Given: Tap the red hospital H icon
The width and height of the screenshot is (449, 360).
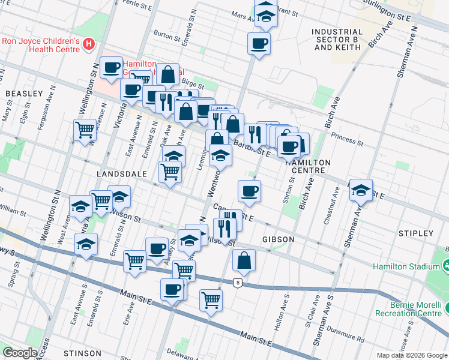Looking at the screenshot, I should tap(89, 44).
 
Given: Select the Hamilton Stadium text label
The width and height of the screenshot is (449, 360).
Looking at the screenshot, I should tap(406, 266).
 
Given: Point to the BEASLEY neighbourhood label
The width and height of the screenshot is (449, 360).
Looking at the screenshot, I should tap(24, 94).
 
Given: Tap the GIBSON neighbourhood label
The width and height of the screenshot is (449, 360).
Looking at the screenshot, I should tap(278, 239).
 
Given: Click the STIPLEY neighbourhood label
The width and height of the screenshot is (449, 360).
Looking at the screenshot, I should tap(415, 233).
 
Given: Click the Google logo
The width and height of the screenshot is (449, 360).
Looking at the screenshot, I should tap(20, 353).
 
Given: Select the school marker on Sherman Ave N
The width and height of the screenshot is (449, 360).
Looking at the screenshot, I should tap(361, 190).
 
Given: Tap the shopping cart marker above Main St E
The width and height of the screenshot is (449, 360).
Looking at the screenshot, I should tap(211, 299).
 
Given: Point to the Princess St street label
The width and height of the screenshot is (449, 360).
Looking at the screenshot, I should tap(348, 140).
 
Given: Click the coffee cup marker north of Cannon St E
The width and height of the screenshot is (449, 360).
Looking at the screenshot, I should tap(249, 191).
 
